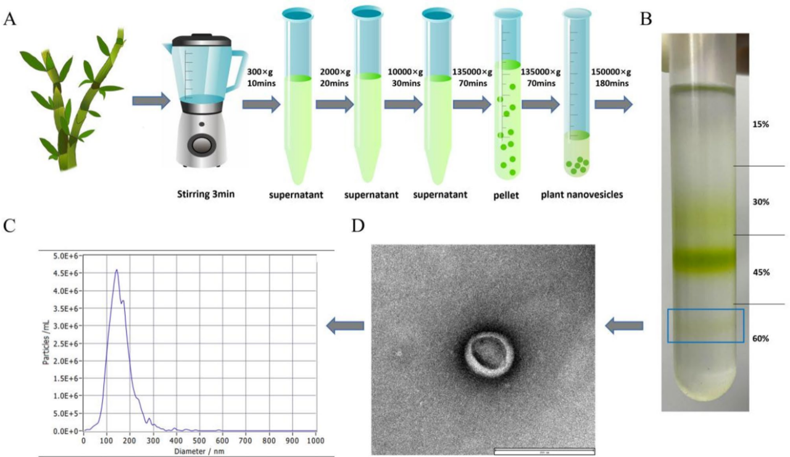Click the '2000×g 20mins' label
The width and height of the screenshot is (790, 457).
click(x=335, y=79)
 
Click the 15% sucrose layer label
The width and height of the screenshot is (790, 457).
click(x=760, y=125)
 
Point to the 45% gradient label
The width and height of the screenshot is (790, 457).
click(x=760, y=272)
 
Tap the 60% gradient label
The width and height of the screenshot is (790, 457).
click(x=760, y=338)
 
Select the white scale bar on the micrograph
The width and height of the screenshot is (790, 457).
click(x=544, y=451)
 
